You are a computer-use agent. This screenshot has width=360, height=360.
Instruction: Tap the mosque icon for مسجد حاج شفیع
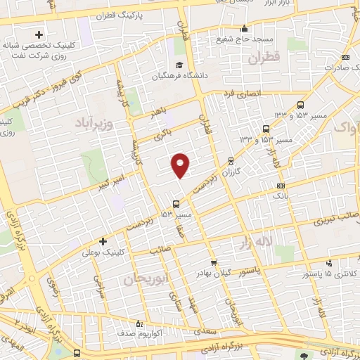click(x=244, y=29)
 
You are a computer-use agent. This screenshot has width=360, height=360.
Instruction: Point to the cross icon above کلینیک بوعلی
click(x=103, y=240)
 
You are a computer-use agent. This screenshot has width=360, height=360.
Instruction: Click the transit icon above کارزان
click(x=232, y=161)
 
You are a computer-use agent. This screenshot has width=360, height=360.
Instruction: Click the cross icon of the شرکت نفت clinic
click(x=39, y=34)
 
